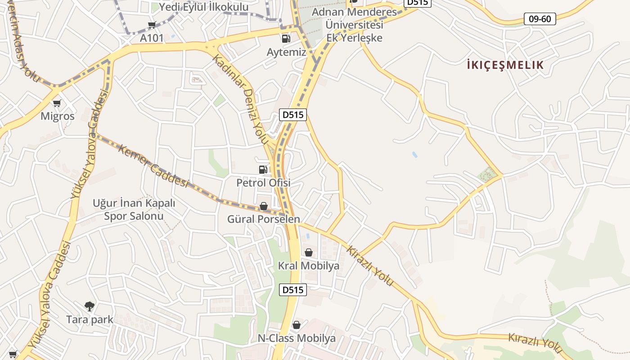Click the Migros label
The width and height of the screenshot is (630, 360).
coord(57,116)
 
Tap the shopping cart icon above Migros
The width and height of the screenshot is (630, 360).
coord(57,103)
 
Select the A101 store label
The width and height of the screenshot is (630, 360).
coord(152,38)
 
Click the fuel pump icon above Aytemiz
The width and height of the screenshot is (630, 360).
coord(286,39)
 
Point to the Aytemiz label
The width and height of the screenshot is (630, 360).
coord(286,52)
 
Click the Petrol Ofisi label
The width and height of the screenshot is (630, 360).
coord(263,183)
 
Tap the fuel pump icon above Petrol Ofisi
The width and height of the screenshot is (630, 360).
coord(263,170)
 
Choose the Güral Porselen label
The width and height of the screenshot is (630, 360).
coord(263,219)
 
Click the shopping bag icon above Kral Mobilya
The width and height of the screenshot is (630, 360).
coord(309,252)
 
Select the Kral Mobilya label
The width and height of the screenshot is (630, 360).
coord(308,266)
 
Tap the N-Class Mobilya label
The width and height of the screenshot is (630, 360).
coord(297,338)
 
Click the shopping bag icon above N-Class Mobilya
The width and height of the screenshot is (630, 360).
coord(297,325)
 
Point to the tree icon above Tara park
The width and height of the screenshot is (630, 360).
coord(90,306)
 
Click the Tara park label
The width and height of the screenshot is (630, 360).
coord(90,319)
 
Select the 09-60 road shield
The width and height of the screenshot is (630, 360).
coord(540,19)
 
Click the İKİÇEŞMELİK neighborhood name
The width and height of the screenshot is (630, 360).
coord(505,65)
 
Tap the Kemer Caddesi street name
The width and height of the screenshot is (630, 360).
coord(153,166)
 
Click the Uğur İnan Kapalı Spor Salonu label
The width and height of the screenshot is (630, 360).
coord(134,209)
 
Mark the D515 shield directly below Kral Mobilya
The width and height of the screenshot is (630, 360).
coord(293,290)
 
